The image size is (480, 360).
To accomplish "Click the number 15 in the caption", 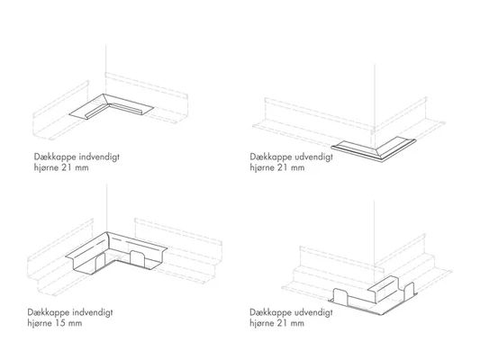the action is tap(60, 323).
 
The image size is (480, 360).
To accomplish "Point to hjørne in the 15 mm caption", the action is tap(40, 323).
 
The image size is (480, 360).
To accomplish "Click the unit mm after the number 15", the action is tap(75, 324).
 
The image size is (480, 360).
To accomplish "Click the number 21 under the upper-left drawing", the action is tap(67, 167).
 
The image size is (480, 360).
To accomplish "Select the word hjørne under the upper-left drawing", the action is tap(46, 168).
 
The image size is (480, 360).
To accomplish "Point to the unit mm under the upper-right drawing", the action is tap(297, 168).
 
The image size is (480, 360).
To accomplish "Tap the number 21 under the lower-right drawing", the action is tap(283, 323).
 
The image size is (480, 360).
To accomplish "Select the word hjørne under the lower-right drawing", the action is tap(262, 323).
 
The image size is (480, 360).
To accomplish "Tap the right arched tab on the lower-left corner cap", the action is tap(138, 257).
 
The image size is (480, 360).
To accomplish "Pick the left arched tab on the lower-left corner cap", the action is tap(100, 263).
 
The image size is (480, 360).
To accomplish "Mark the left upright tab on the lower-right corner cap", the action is tap(340, 296).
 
